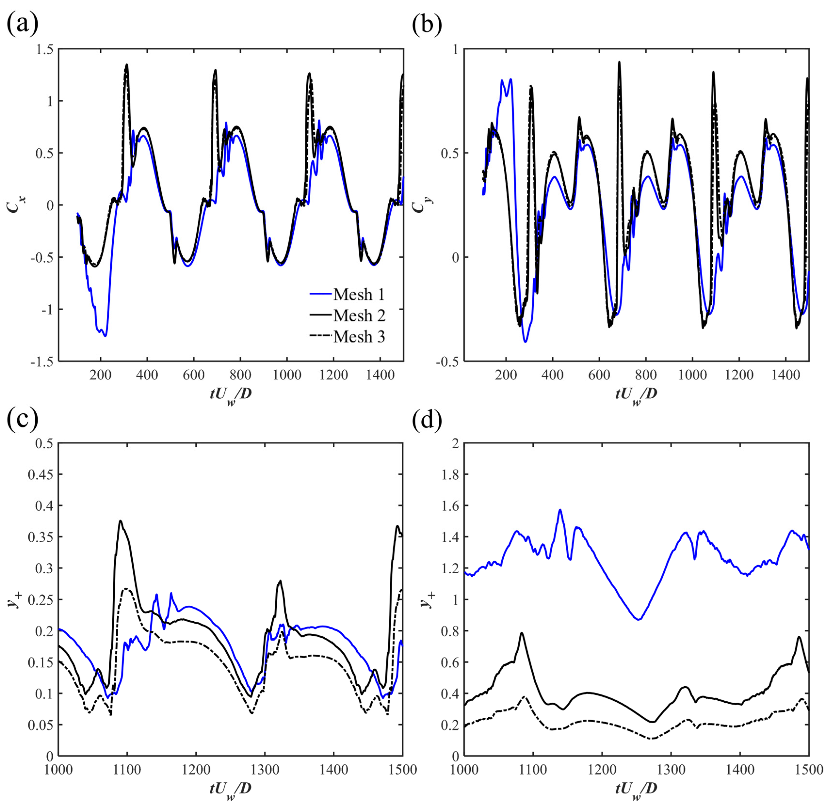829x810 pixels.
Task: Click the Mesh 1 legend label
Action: point(359,294)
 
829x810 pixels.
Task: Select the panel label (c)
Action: point(22,419)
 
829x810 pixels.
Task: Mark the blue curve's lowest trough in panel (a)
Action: point(105,336)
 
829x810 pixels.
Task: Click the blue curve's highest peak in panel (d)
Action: point(560,509)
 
